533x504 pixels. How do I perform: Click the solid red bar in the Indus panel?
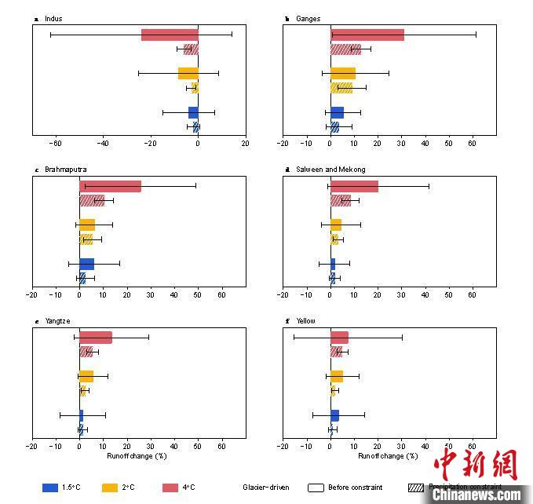point(170,35)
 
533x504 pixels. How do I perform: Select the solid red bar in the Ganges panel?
point(367,35)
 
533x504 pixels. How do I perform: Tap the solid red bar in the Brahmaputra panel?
point(110,186)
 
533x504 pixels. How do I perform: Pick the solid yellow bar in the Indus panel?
point(188,74)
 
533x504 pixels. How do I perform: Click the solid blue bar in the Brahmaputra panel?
point(86,264)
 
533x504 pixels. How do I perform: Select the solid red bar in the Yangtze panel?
point(95,338)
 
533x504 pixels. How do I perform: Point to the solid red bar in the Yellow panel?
point(339,338)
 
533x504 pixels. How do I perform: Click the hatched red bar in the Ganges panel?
point(345,49)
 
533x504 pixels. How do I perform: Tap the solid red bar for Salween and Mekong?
point(354,186)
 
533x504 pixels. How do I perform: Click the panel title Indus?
point(53,18)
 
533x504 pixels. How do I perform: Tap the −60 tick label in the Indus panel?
point(55,144)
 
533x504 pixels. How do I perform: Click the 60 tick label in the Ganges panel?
point(473,144)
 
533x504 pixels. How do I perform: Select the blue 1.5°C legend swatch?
point(50,488)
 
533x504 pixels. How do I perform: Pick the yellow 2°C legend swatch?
point(110,488)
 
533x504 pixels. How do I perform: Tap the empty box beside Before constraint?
point(316,488)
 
